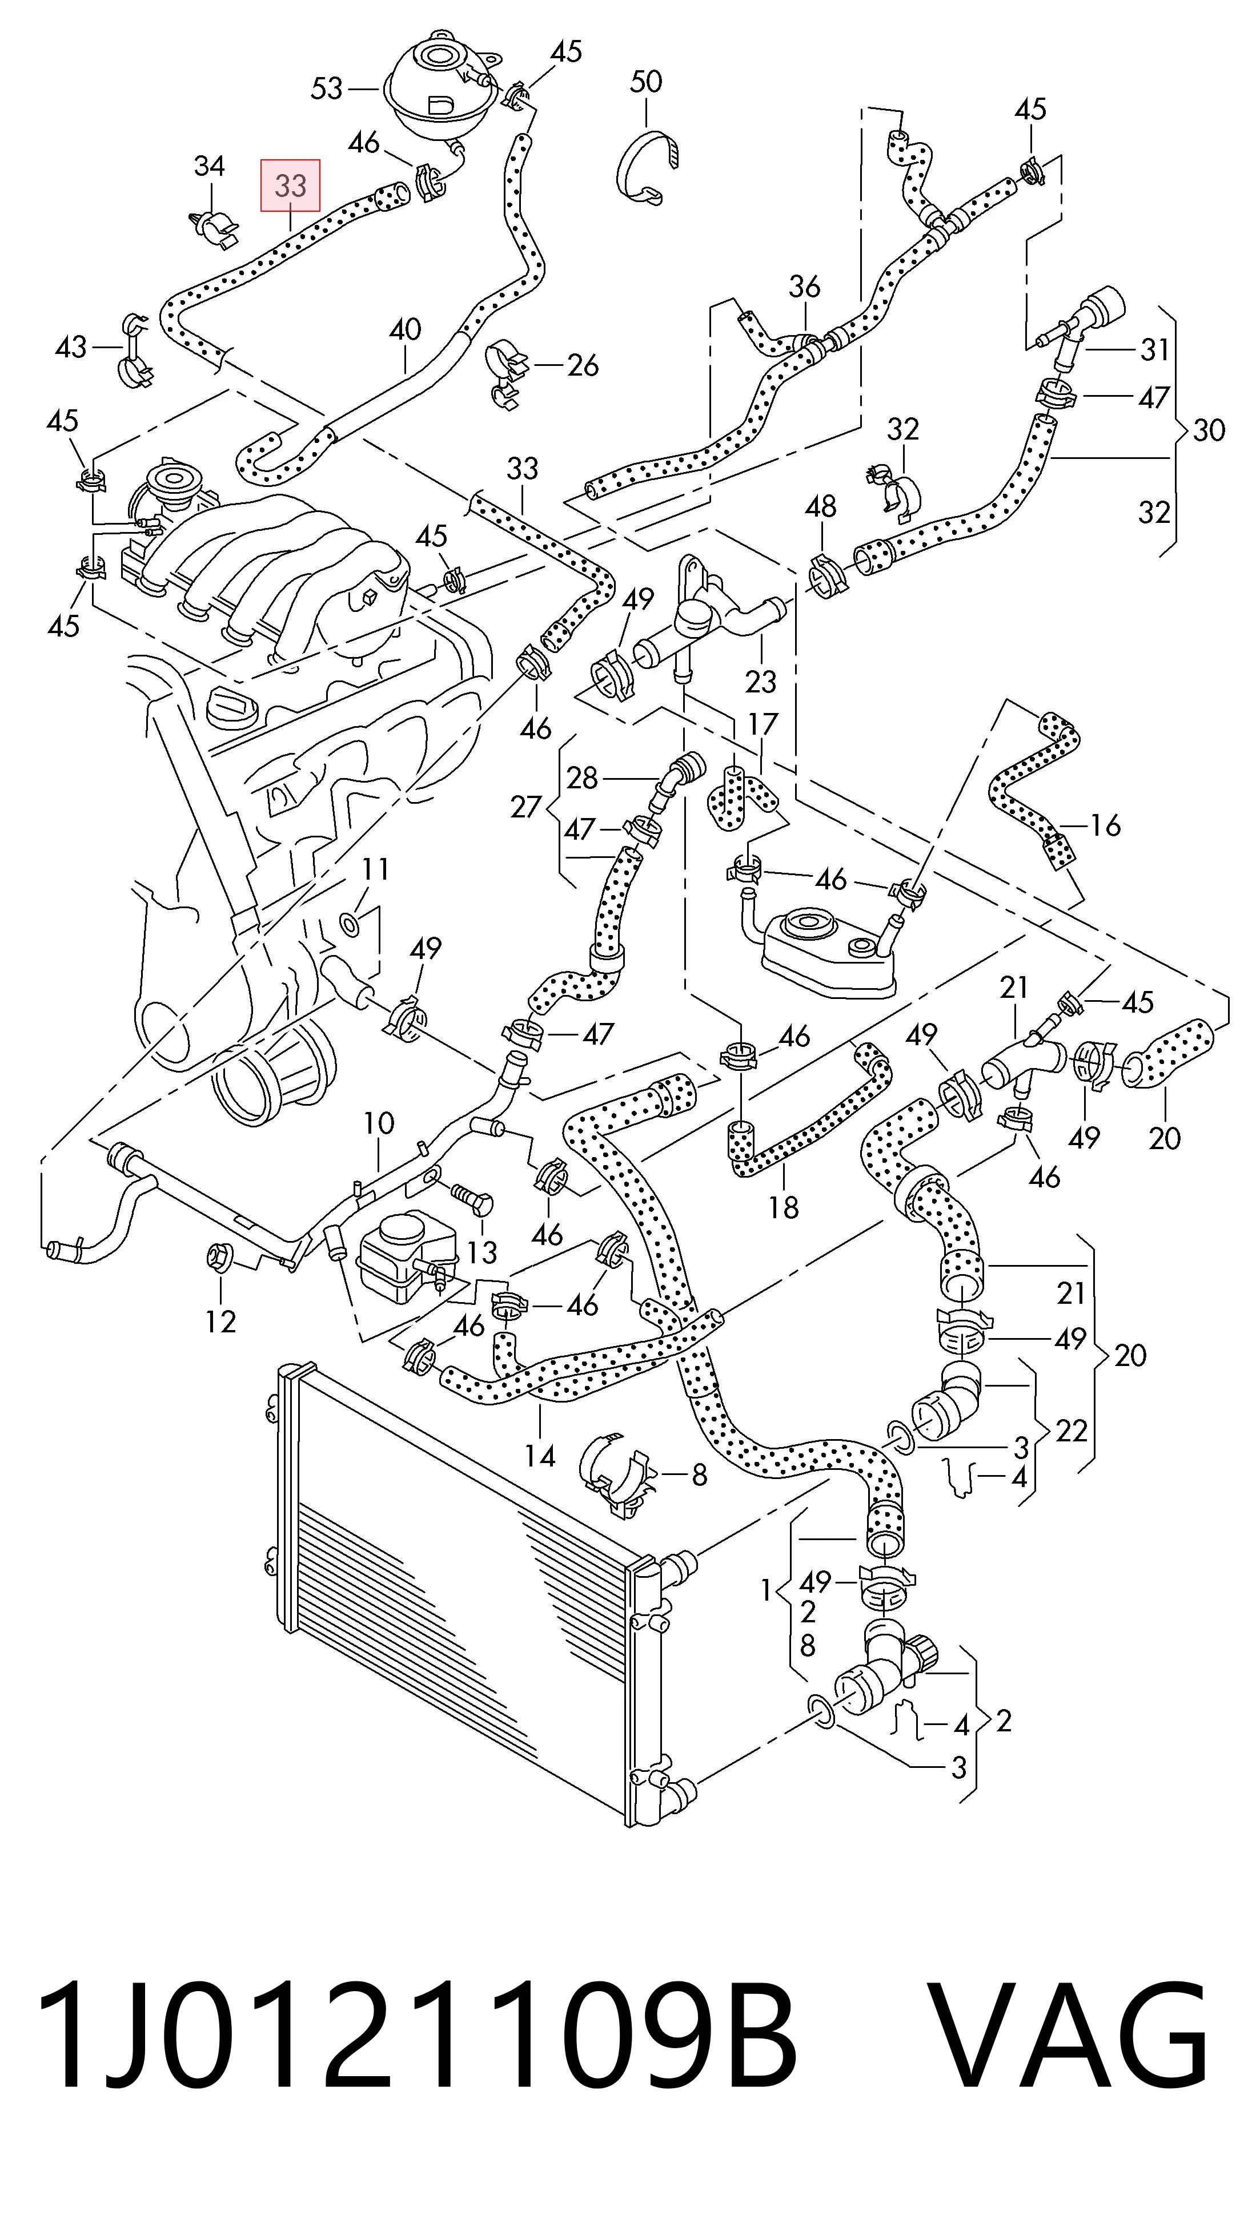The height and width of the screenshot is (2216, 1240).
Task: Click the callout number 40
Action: [406, 329]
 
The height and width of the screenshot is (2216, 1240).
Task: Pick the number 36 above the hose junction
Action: [805, 287]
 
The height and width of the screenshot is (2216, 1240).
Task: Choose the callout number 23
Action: [761, 682]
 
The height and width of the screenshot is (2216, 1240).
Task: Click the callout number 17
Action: [763, 724]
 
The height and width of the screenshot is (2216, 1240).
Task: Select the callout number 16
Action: [1105, 826]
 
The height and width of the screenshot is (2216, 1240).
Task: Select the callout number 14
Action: [540, 1456]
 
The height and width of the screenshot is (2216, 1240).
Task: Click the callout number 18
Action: [783, 1207]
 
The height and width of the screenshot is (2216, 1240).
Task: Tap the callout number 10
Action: [379, 1123]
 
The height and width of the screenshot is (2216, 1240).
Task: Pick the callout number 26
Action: [583, 365]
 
